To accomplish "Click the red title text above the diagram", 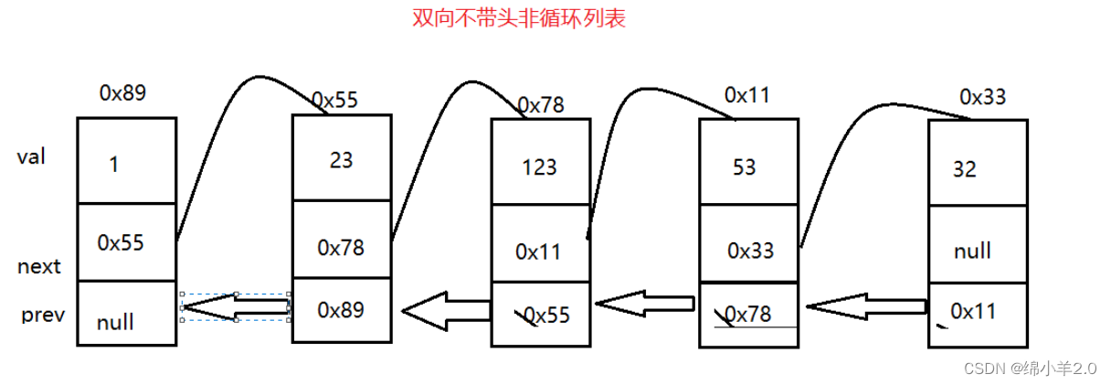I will pos(519,18).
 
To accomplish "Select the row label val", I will pos(31,156).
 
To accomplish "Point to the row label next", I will pos(39,267).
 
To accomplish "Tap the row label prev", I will pos(43,315).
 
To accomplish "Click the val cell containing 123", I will pos(540,167).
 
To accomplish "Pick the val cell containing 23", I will pos(341,159).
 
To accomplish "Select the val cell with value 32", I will pos(964,169).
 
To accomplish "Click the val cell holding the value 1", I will pos(114,166).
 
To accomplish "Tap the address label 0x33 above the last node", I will pos(983,96).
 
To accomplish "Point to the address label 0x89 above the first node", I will pos(122,92).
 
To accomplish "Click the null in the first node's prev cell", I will pos(115,322).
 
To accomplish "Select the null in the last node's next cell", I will pos(971,250).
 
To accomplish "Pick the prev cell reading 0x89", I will pos(341,310).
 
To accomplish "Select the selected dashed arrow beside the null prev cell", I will pos(236,308).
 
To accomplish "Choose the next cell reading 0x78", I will pos(341,247).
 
